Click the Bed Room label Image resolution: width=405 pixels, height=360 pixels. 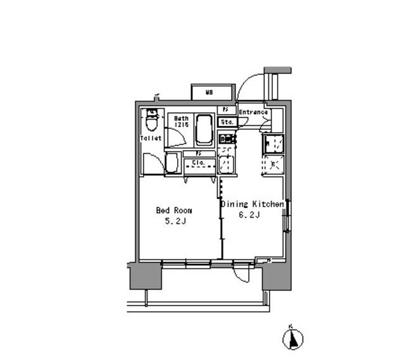pyautogui.click(x=174, y=211)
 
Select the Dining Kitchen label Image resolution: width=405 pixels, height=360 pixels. pyautogui.click(x=251, y=204)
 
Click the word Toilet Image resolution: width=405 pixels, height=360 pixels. pyautogui.click(x=151, y=138)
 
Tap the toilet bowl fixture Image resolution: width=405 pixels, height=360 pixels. pyautogui.click(x=151, y=120)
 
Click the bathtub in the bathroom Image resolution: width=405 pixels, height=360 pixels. pyautogui.click(x=204, y=130)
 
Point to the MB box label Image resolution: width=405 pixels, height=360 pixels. pyautogui.click(x=208, y=92)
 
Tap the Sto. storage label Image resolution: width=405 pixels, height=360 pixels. pyautogui.click(x=227, y=121)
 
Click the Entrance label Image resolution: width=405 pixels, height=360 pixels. pyautogui.click(x=253, y=113)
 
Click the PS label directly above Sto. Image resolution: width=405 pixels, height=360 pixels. pyautogui.click(x=225, y=110)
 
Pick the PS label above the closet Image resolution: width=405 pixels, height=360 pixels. pyautogui.click(x=197, y=153)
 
